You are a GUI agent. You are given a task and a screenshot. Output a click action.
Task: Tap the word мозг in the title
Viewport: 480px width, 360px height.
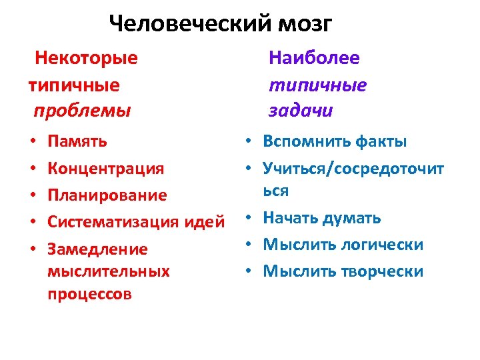point(303,25)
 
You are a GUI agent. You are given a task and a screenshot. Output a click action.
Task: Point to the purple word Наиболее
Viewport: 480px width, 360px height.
point(314,58)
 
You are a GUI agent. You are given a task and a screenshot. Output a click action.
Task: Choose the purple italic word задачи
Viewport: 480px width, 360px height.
point(300,111)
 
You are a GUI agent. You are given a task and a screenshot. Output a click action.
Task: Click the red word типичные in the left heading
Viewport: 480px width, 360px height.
point(74,85)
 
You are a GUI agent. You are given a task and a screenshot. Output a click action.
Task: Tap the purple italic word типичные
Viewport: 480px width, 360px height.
point(317,85)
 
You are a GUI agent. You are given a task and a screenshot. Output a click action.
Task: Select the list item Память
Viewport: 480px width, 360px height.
point(77,141)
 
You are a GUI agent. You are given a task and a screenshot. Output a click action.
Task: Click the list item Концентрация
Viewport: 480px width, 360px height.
point(106,168)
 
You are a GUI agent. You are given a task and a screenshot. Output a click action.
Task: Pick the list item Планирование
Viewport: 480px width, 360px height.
point(107,195)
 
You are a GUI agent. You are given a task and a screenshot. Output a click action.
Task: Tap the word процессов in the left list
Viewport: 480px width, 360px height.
point(89,294)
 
